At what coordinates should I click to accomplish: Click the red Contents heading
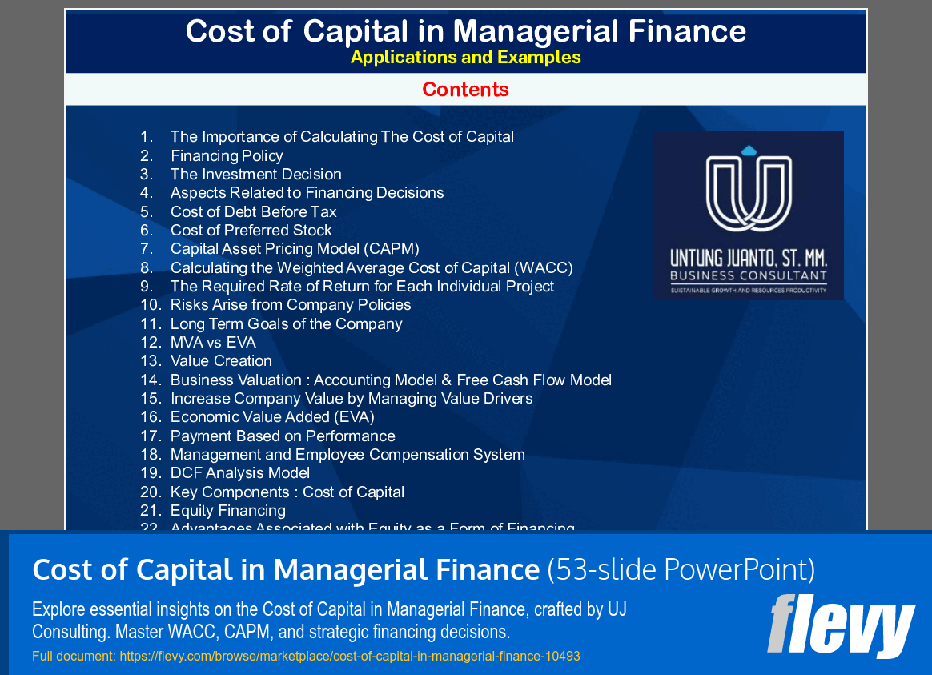coord(465,90)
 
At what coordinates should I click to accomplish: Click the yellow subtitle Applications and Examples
coord(465,58)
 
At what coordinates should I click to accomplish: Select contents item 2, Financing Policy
coord(227,156)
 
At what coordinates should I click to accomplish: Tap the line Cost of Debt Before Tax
coord(253,212)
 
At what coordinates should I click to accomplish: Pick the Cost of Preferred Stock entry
coord(251,231)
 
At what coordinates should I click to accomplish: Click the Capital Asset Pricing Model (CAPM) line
coord(295,249)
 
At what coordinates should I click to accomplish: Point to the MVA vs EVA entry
coord(213,343)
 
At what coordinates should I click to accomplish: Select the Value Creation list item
coord(221,361)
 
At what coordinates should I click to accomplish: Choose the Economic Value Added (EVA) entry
coord(272,417)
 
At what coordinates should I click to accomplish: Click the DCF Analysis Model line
coord(240,473)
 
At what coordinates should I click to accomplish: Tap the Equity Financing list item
coord(227,511)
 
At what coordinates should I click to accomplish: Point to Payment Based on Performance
coord(283,436)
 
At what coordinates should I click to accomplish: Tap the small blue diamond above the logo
coord(749,151)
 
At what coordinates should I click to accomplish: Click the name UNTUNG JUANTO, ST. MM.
coord(749,259)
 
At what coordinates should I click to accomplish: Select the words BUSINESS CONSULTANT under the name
coord(749,276)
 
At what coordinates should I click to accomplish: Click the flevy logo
coord(841,625)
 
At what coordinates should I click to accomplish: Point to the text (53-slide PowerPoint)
coord(681,570)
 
